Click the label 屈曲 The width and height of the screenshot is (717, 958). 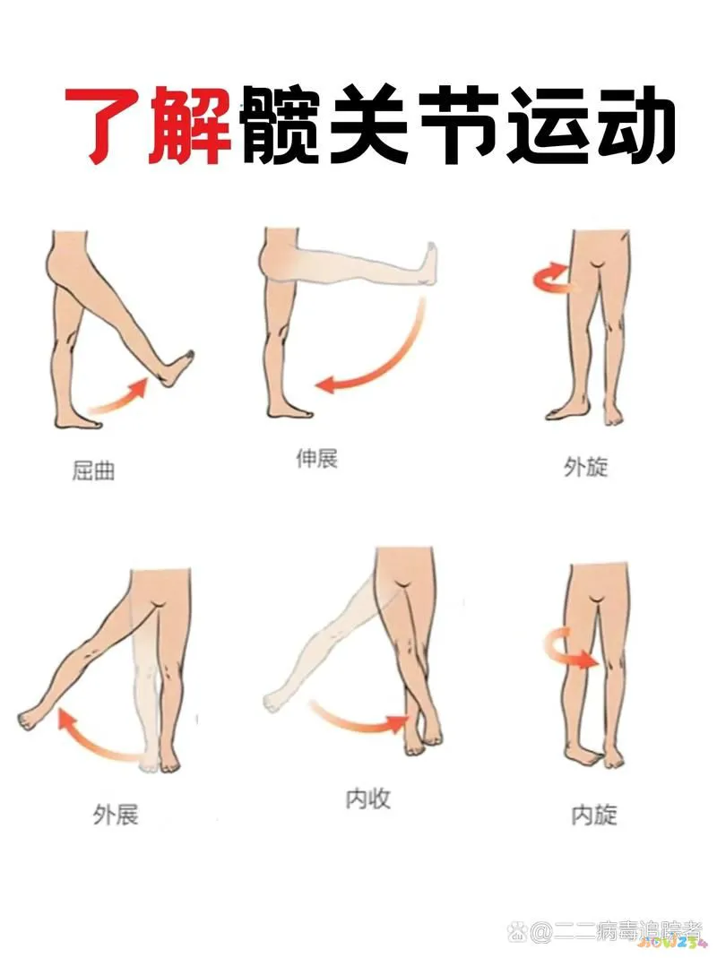(x=93, y=470)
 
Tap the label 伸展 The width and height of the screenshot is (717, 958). (x=316, y=460)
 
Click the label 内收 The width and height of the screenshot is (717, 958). (x=368, y=798)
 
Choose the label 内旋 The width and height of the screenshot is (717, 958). (x=594, y=815)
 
